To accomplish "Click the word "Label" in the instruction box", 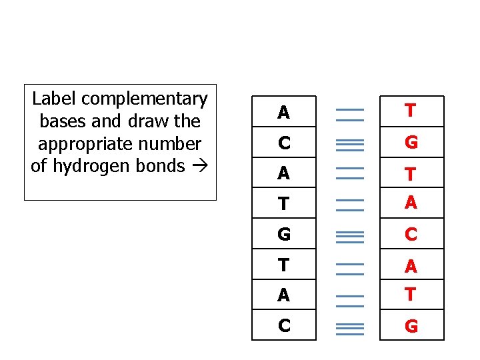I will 51,99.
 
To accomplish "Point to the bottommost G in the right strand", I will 411,327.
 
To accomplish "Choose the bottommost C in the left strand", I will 284,327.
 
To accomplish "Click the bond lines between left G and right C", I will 349,235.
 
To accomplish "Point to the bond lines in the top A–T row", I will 349,114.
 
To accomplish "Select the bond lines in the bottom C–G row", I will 349,327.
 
